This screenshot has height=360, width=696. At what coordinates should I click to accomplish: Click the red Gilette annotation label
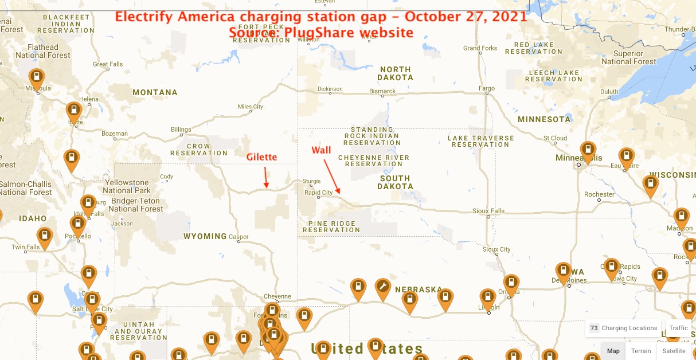click(262, 157)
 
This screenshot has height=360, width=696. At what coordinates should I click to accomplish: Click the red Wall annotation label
click(321, 150)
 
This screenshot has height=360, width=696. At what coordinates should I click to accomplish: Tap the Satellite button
click(674, 351)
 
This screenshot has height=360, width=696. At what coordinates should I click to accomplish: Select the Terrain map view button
click(641, 351)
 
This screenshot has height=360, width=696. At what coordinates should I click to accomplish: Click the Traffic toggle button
click(678, 328)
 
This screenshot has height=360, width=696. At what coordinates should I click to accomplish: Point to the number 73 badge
click(594, 328)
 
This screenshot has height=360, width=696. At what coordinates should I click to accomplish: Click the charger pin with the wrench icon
click(383, 288)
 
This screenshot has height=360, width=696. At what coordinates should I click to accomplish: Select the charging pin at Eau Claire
click(626, 157)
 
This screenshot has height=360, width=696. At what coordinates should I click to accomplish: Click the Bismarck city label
click(382, 91)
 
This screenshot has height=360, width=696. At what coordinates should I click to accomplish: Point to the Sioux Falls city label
click(488, 211)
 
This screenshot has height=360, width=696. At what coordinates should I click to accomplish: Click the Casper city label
click(238, 237)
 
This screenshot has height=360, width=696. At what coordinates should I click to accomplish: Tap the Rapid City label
click(319, 193)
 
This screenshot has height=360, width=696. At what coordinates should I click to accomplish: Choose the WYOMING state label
click(205, 236)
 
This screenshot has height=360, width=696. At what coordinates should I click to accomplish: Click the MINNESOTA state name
click(544, 119)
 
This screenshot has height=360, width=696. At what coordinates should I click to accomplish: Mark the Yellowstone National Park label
click(126, 186)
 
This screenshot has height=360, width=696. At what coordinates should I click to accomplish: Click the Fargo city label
click(486, 89)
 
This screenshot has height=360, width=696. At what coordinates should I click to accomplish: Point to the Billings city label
click(181, 130)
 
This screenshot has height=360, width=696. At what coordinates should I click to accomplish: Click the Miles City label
click(251, 107)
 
